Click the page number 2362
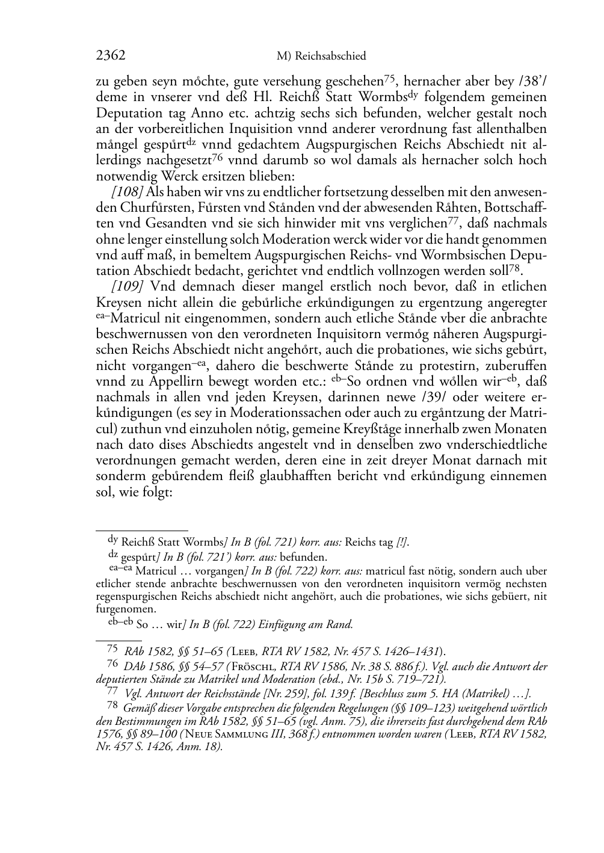[111, 56]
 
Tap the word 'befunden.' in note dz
[304, 556]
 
